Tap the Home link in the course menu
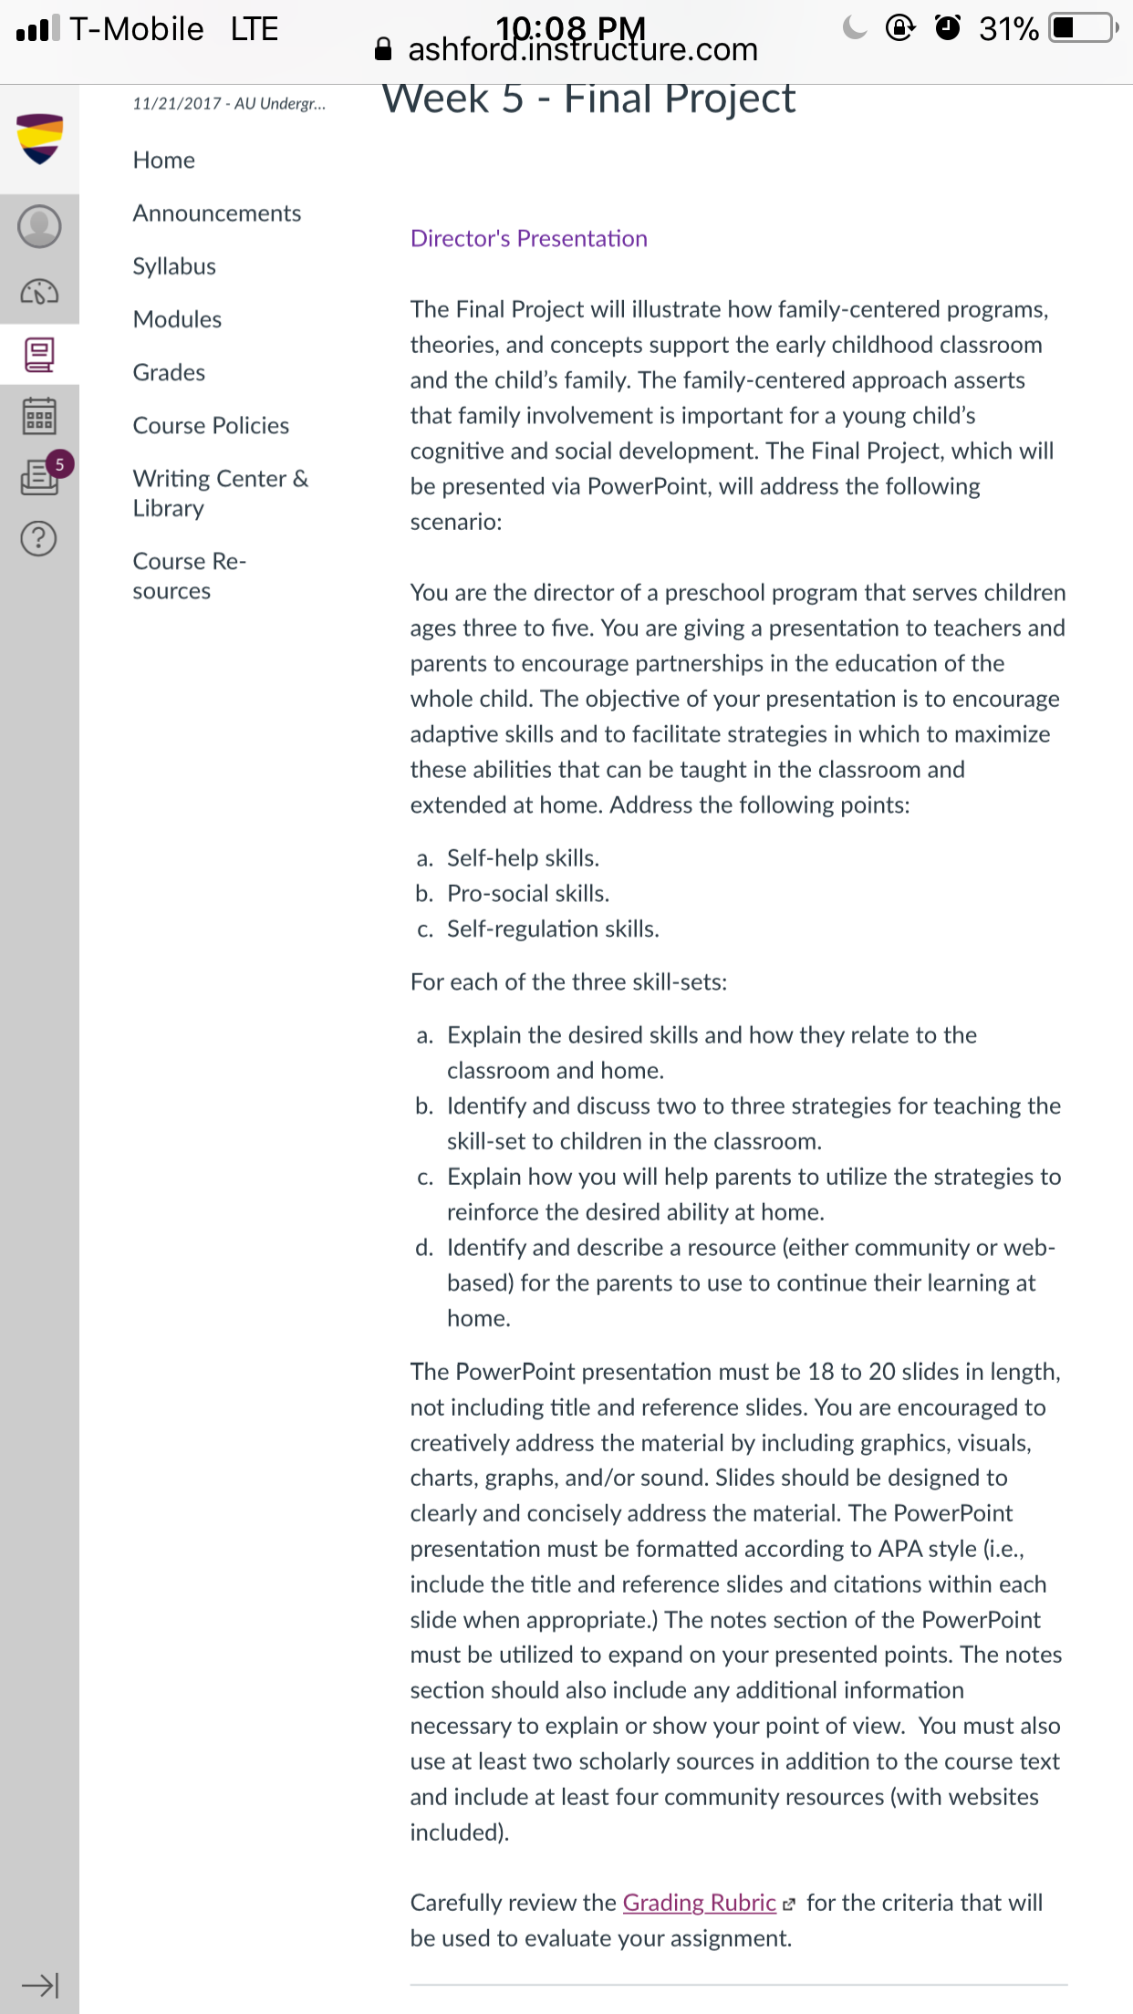pos(164,161)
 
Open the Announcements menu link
pos(217,213)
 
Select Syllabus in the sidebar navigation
pos(174,266)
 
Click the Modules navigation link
pos(177,319)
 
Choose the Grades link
pos(169,372)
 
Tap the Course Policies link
pos(211,426)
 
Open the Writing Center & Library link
pos(220,493)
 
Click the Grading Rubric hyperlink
pos(700,1903)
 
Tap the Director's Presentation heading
pos(529,239)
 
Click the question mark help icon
pos(39,539)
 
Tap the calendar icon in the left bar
pos(39,416)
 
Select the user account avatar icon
pos(39,226)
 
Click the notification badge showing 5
pos(60,464)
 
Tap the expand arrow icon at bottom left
pos(40,1985)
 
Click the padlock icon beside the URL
pos(384,49)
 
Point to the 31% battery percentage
pos(1008,29)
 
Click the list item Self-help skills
pos(523,858)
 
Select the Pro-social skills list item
pos(527,894)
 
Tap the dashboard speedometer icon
pos(39,292)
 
